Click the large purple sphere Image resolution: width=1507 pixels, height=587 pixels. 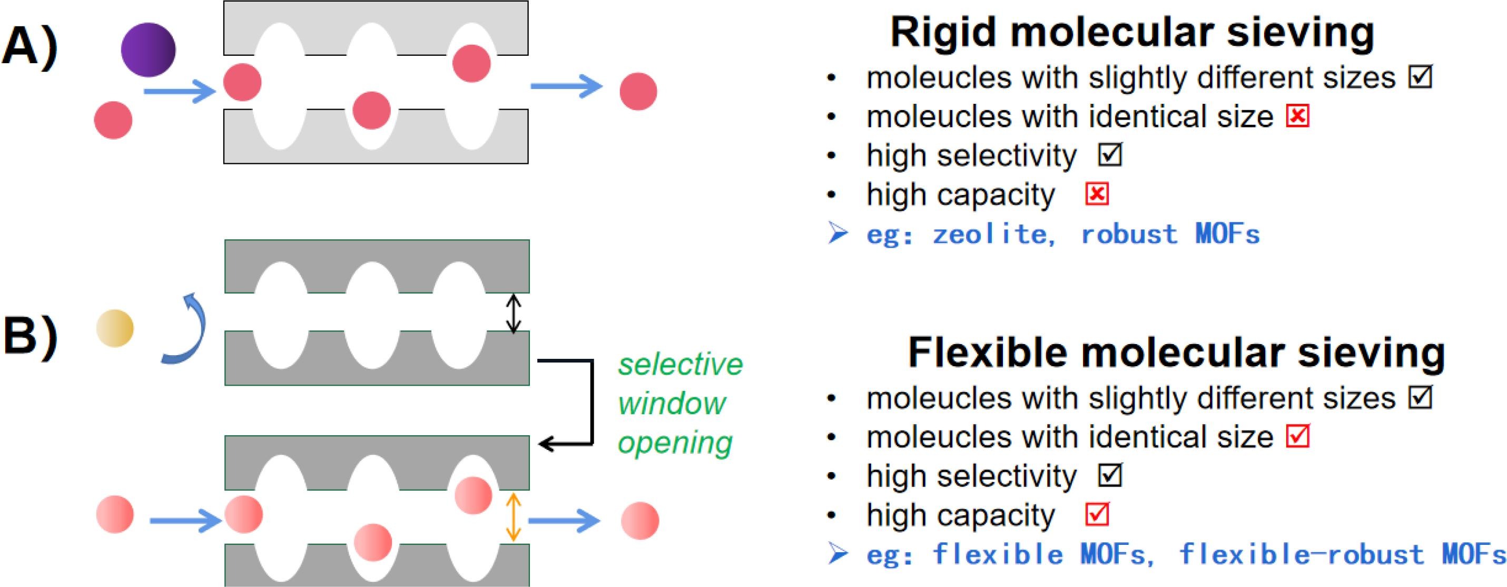coord(148,50)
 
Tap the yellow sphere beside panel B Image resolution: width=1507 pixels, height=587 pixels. coord(115,328)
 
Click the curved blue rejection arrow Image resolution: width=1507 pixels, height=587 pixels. coord(186,331)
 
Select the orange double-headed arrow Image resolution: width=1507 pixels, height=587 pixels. coord(513,517)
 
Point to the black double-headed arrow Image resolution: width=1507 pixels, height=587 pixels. coord(513,313)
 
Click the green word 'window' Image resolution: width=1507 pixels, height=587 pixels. coord(672,404)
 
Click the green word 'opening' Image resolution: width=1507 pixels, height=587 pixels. coord(675,443)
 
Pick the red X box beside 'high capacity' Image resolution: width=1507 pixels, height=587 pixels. coord(1097,194)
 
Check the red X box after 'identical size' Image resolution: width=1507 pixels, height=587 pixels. coord(1297,116)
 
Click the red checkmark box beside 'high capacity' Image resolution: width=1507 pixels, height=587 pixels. coord(1097,515)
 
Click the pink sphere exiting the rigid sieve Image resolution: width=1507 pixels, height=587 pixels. coord(638,91)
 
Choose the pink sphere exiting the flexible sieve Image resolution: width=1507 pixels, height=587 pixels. coord(640,520)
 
